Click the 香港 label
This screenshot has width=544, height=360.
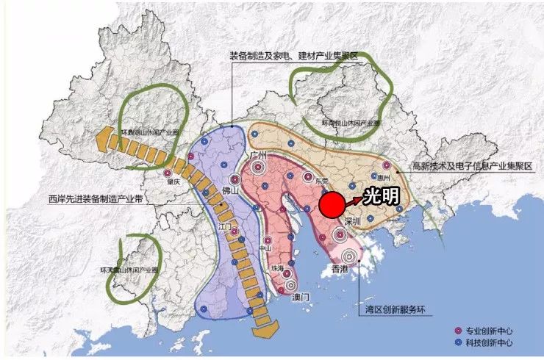(x=339, y=270)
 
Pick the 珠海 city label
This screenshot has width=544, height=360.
(x=277, y=269)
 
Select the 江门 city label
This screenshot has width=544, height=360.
(x=226, y=226)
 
